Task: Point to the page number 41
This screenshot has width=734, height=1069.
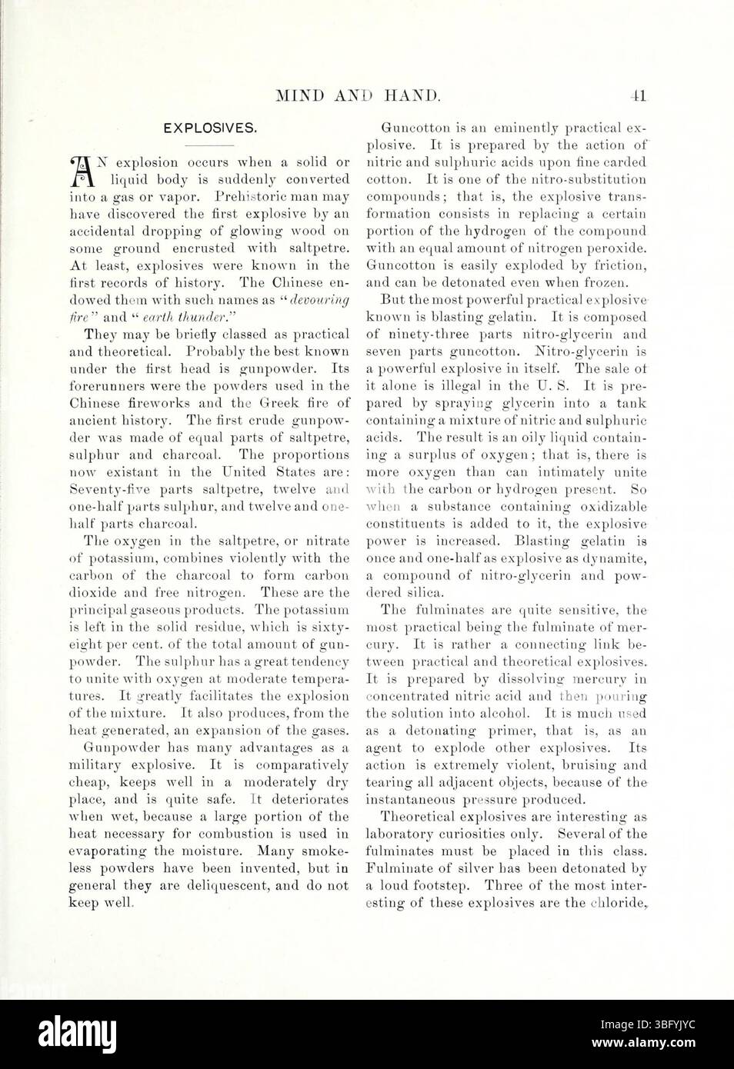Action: point(639,96)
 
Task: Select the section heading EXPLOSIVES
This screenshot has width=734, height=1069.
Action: point(210,128)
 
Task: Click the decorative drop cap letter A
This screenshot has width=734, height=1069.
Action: point(81,171)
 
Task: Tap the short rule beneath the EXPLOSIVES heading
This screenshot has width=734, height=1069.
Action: point(209,145)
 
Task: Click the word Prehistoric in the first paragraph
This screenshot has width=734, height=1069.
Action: point(255,196)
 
